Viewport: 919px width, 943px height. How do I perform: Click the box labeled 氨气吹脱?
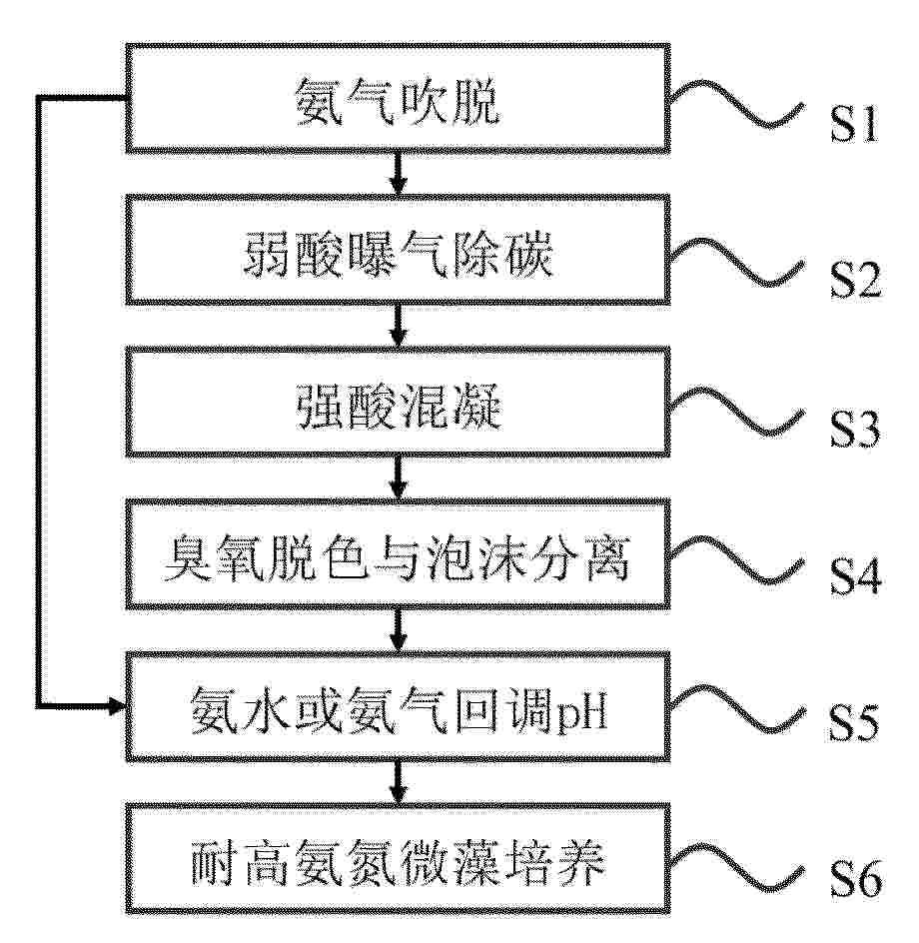click(399, 98)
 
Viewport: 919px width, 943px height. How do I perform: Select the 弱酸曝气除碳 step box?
click(399, 250)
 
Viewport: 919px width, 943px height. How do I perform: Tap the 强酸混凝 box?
click(399, 402)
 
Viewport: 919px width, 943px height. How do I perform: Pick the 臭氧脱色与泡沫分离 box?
click(399, 553)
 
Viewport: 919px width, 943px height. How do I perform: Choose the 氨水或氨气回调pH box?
click(399, 706)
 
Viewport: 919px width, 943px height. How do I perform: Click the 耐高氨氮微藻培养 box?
click(399, 859)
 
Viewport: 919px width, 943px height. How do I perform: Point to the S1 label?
click(854, 125)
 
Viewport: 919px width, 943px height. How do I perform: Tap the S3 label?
click(855, 429)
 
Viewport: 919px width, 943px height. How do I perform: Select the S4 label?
click(855, 576)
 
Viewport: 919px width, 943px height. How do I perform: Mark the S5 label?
click(854, 722)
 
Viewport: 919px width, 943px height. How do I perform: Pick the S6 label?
click(855, 879)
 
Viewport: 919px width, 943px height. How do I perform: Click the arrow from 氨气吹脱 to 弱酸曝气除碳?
click(399, 174)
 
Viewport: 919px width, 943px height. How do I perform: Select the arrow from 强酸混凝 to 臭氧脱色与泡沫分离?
click(399, 478)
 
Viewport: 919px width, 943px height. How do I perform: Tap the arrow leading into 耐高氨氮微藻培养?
click(399, 783)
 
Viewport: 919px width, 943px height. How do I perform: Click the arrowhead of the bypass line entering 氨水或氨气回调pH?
click(116, 705)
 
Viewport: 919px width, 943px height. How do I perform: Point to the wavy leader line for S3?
click(737, 411)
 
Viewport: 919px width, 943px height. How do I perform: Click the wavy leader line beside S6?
click(737, 867)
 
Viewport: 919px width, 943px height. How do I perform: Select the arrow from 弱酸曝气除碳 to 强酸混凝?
click(399, 326)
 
